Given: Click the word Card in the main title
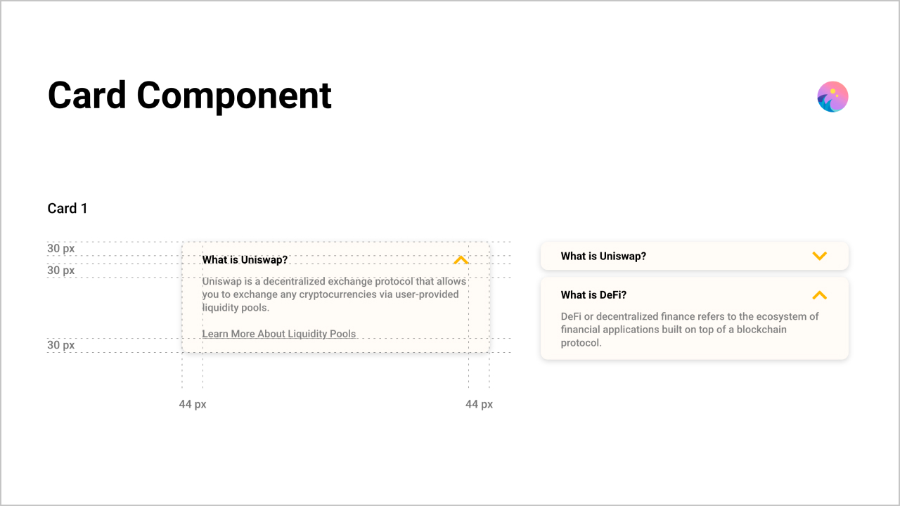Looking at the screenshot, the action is click(86, 95).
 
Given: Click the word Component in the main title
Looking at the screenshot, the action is click(234, 97).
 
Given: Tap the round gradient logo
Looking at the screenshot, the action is click(832, 97).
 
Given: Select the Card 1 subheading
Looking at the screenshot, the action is click(67, 209).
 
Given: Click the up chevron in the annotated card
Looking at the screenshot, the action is click(461, 260).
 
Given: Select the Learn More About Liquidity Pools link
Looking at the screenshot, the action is click(279, 334).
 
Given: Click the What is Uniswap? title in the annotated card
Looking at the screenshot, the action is click(245, 260).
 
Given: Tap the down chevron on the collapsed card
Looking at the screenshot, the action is click(820, 256).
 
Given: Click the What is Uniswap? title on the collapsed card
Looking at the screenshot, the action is click(603, 257).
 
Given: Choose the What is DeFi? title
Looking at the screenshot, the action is click(593, 294).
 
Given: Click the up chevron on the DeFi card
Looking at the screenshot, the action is click(820, 295).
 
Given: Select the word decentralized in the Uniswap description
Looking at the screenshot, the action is click(294, 282).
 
